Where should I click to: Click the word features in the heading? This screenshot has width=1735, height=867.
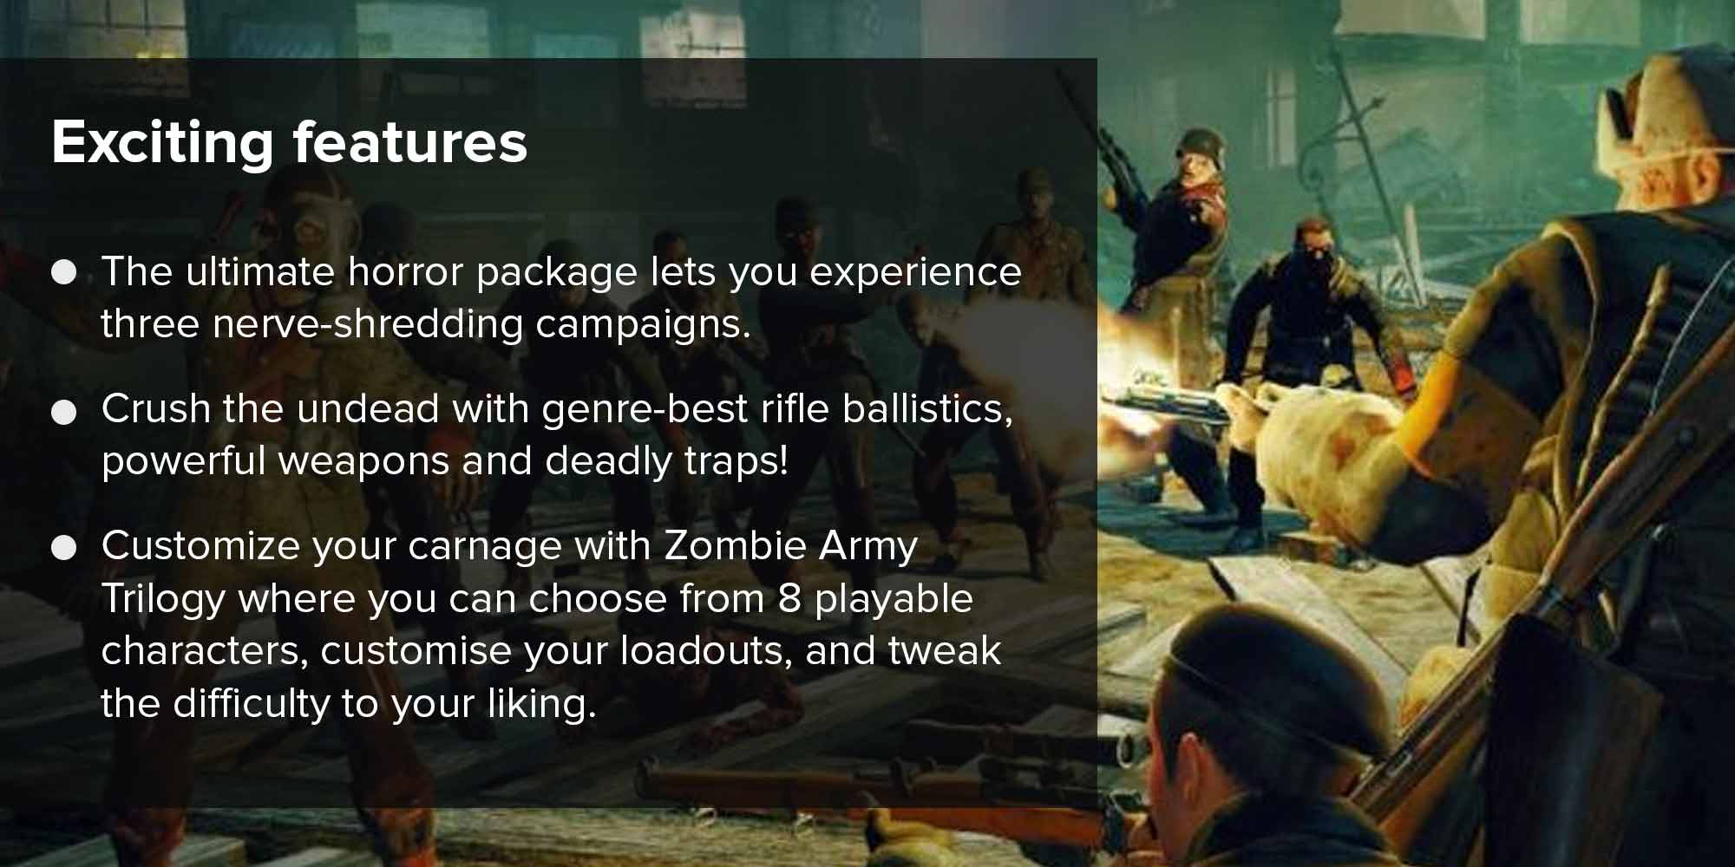(x=410, y=141)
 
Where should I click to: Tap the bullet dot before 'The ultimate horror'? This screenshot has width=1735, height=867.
(x=64, y=273)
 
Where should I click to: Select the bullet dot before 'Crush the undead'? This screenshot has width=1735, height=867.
(x=64, y=412)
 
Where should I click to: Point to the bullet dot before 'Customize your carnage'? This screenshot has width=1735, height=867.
(x=64, y=548)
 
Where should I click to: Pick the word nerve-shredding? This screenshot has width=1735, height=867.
(x=368, y=325)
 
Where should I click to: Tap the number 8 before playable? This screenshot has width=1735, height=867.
(x=789, y=598)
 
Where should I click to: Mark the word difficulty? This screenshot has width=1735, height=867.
(x=252, y=704)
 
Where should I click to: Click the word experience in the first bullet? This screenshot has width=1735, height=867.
(x=916, y=273)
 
